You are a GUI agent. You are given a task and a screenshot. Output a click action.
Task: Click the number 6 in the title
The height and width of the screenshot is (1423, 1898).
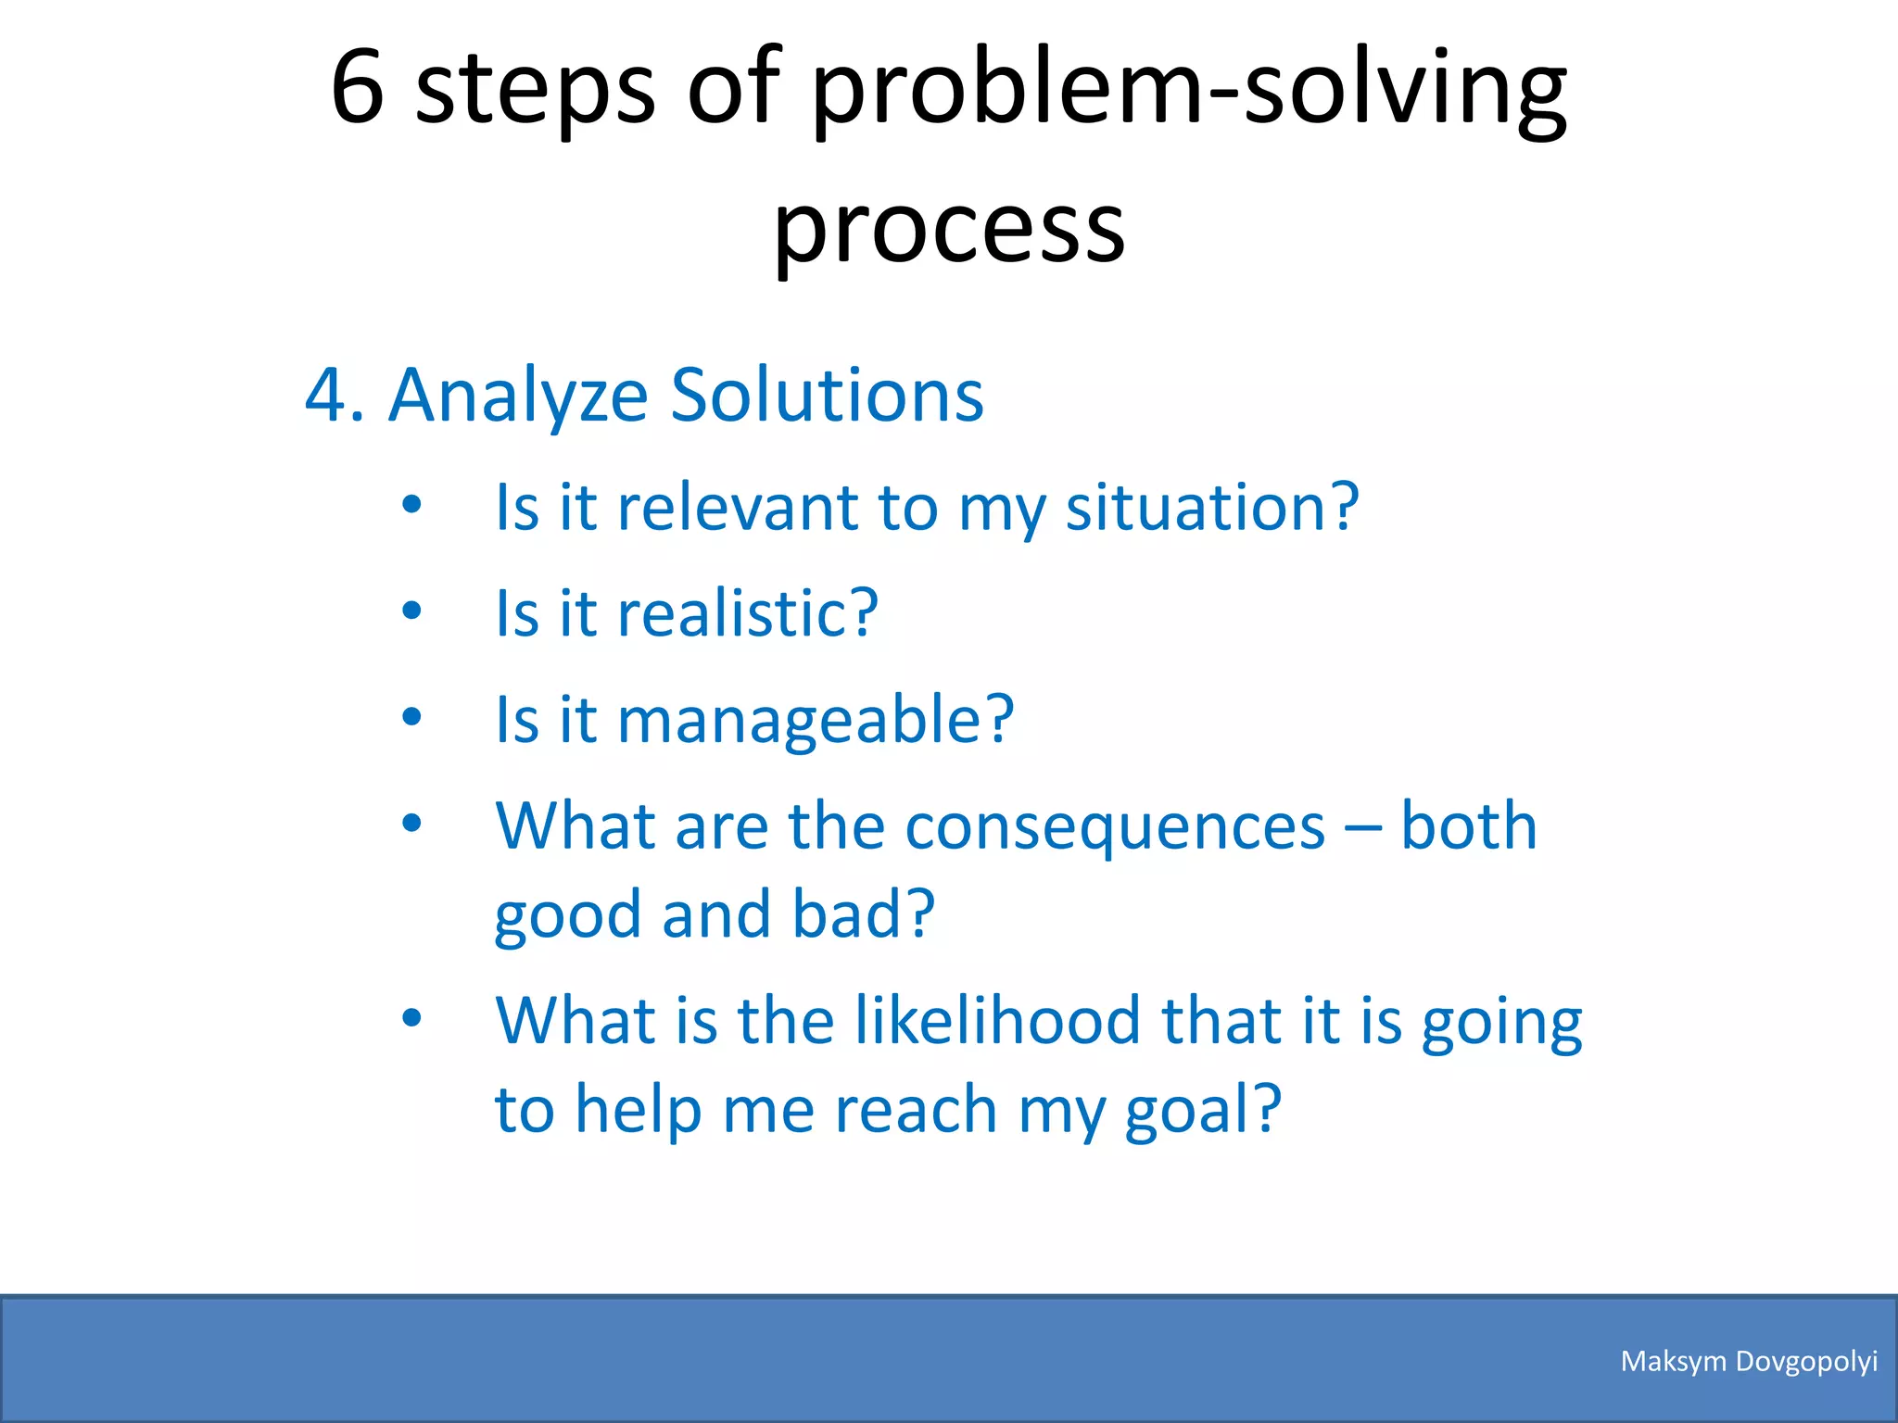click(358, 88)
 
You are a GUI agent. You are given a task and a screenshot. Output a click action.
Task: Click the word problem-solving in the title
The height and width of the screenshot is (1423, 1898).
click(1189, 93)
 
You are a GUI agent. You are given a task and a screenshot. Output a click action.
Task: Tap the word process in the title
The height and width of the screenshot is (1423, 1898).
click(949, 230)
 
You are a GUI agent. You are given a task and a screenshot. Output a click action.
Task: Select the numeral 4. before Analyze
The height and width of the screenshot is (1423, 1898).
click(334, 396)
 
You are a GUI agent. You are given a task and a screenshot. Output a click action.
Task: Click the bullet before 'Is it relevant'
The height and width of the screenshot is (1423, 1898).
click(412, 505)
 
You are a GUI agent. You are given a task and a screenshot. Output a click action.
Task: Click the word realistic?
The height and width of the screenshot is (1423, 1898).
click(747, 613)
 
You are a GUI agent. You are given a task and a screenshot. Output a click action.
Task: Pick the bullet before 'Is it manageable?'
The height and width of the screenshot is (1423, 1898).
click(412, 716)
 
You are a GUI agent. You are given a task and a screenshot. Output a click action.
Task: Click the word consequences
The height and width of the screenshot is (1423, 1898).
click(1115, 827)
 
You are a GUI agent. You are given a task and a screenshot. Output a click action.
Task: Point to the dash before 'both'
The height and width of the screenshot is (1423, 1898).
click(1362, 827)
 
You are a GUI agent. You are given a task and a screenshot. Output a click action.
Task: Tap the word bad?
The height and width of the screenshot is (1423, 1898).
click(863, 914)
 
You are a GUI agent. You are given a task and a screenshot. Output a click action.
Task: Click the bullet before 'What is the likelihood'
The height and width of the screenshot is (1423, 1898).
click(412, 1018)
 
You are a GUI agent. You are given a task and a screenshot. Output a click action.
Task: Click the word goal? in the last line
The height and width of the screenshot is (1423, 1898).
click(1202, 1111)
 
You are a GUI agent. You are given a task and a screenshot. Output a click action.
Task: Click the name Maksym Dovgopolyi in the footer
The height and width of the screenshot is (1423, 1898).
click(1748, 1361)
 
